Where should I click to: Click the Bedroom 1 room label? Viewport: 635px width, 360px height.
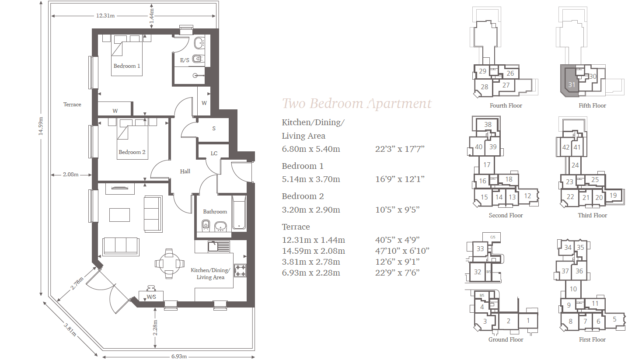pos(127,66)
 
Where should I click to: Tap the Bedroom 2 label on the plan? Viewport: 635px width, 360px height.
pos(132,152)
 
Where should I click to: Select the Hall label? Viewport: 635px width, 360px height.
pos(185,171)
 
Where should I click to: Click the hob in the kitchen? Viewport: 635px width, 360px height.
pos(240,270)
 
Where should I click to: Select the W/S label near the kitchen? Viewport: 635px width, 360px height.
pos(152,297)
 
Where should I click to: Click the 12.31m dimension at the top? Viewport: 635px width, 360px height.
pos(105,16)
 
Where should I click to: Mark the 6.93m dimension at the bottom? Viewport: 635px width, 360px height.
pos(179,357)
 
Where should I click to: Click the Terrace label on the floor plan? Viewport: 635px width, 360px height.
pos(72,105)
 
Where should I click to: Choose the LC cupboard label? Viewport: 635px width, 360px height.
pos(214,154)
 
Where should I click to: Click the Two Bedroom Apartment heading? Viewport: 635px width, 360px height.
pos(356,104)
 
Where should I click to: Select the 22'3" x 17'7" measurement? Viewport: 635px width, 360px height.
pos(400,149)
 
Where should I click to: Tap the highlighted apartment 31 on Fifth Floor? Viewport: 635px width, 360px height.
pos(571,84)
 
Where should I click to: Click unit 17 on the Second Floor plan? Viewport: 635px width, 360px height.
pos(487,165)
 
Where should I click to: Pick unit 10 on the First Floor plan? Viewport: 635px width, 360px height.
pos(573,289)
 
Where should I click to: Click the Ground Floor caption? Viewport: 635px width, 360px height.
pos(506,339)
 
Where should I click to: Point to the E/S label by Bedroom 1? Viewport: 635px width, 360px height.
pos(185,60)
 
